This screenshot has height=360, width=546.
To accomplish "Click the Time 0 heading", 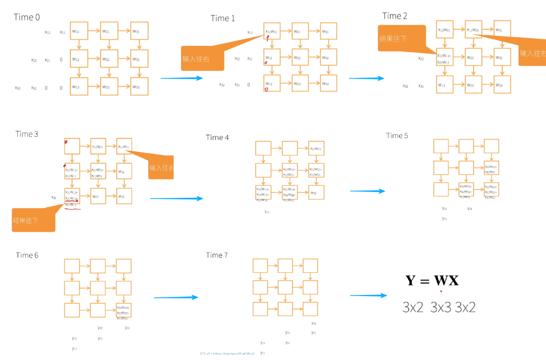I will point(27,17).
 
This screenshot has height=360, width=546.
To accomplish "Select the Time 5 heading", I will point(397,136).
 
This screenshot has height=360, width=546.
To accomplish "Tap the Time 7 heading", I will point(217,255).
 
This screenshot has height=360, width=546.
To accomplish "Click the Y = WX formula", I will point(432,281).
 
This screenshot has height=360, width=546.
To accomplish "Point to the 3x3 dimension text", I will point(441,307).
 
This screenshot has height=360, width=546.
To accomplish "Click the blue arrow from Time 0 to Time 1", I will point(182,78).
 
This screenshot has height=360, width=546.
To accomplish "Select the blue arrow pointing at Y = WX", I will point(368,296).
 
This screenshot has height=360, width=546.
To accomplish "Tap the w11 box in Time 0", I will point(79,31).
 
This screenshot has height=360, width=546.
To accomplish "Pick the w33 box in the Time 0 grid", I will point(139,87).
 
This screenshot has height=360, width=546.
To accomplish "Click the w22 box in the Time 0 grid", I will point(109,59).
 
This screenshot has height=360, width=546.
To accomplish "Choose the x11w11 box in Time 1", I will point(272,31).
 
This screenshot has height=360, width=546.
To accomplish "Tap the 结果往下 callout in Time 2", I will point(401,38).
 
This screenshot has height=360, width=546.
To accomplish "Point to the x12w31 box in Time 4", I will point(316,149).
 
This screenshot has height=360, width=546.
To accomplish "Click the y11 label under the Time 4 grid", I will point(267,212).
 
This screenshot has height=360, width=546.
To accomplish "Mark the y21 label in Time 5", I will point(470,209).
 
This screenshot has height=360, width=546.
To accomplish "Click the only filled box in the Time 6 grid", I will point(124,310).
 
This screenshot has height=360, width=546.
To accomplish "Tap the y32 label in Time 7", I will point(314,323).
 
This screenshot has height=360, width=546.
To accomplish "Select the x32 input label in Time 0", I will point(17,88).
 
